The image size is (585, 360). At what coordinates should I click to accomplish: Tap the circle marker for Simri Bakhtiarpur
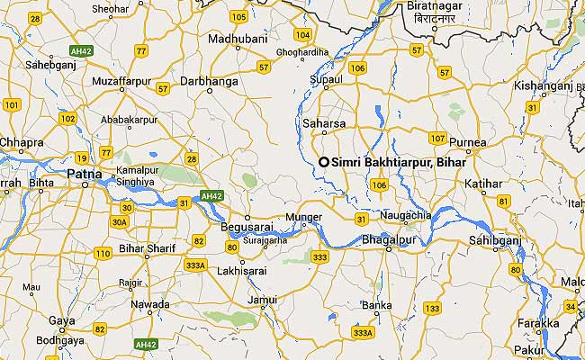[x=324, y=161]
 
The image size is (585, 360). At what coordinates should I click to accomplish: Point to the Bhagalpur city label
[x=385, y=240]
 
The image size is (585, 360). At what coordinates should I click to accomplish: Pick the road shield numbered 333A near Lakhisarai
[x=195, y=265]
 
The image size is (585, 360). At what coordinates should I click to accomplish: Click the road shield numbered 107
[x=437, y=138]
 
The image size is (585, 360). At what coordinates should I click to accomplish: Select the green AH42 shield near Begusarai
[x=212, y=195]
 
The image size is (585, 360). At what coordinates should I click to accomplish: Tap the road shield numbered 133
[x=433, y=309]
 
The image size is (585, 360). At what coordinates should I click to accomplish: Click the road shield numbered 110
[x=102, y=254]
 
